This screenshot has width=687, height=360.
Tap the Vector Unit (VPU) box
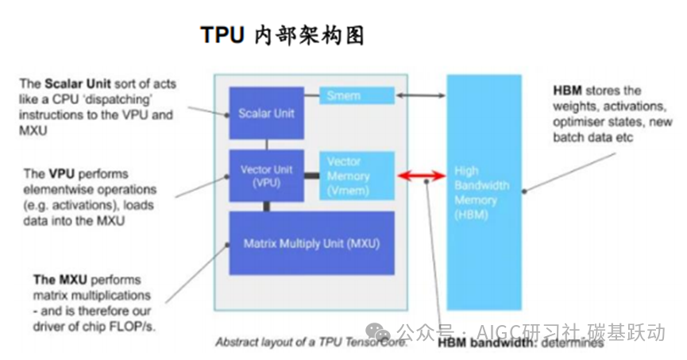tap(267, 176)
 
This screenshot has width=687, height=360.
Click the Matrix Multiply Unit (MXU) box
tap(311, 242)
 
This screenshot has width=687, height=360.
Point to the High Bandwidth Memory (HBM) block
tap(484, 191)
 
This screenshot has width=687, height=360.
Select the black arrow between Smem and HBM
tap(420, 96)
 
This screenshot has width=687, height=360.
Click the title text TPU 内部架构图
tap(281, 36)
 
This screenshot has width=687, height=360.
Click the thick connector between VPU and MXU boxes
tap(267, 206)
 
